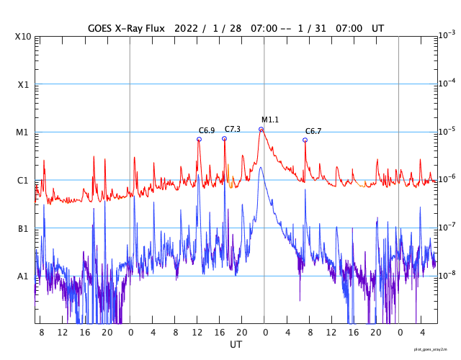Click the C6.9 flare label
[x=207, y=130]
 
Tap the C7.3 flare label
[x=232, y=129]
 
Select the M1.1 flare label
[x=270, y=120]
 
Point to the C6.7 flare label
[x=313, y=131]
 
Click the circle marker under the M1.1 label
[x=261, y=130]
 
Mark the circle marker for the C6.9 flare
[x=199, y=139]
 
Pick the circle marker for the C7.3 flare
[x=224, y=138]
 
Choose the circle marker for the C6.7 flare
[x=305, y=140]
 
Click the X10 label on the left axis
[x=23, y=37]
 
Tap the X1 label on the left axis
[x=23, y=84]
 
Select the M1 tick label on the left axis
[x=23, y=132]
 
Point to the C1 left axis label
[x=23, y=180]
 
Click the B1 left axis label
[x=23, y=228]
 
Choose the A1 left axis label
[x=23, y=276]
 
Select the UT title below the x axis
[x=236, y=345]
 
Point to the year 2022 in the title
[x=186, y=28]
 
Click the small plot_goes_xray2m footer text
[x=435, y=348]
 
